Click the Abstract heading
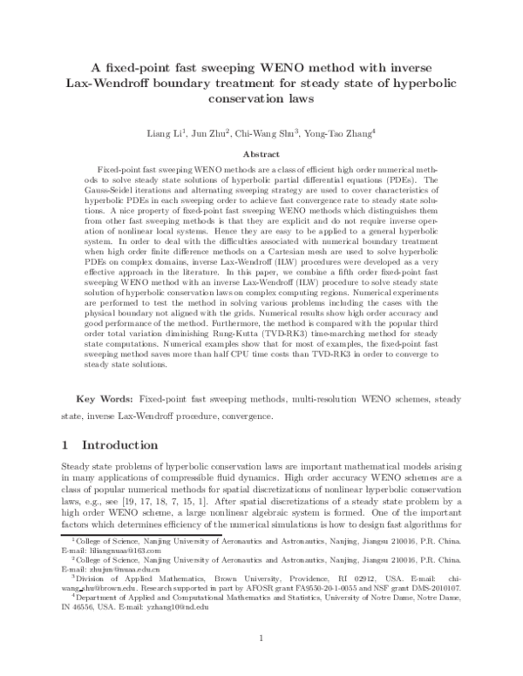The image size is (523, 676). pos(261,152)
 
